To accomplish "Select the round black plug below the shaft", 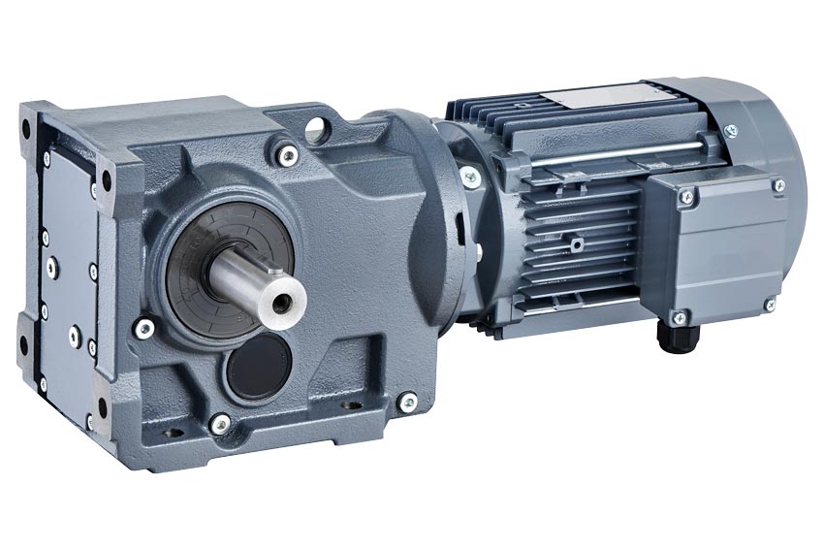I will (x=260, y=368).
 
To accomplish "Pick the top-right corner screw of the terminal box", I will (x=778, y=185).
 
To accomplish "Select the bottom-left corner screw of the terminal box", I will (x=680, y=316).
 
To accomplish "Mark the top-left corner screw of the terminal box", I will (x=687, y=198).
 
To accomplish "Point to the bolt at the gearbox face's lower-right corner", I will (x=408, y=398).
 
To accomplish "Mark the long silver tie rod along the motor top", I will (x=620, y=149).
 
